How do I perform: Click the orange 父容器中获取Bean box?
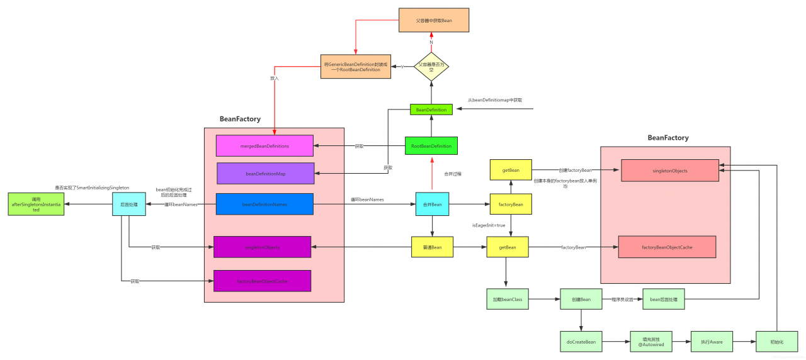click(434, 20)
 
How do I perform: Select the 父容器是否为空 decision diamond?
click(431, 65)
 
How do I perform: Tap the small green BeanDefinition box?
click(431, 110)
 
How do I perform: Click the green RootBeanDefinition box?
click(431, 146)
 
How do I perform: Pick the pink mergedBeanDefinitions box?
click(264, 146)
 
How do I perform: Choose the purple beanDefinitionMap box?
click(265, 173)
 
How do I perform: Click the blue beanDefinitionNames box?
click(264, 204)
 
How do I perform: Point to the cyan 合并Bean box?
click(432, 204)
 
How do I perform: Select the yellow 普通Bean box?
click(432, 247)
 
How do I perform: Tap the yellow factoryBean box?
click(511, 204)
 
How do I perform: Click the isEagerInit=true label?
click(489, 225)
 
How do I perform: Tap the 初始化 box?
click(777, 342)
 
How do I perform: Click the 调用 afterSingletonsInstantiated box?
click(36, 204)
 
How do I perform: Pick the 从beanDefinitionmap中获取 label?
click(495, 100)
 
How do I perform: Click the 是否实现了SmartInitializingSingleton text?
click(92, 188)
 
